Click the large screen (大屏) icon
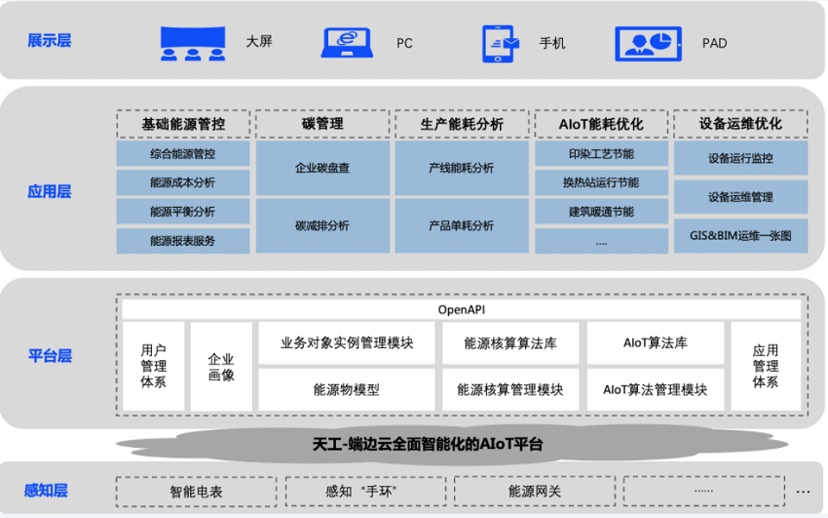click(x=193, y=43)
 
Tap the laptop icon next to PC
click(x=347, y=42)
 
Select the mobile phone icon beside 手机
click(x=500, y=44)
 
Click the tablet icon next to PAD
click(x=648, y=44)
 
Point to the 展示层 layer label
click(x=49, y=41)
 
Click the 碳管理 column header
click(x=322, y=124)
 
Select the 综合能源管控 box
click(x=183, y=154)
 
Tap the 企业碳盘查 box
click(x=322, y=168)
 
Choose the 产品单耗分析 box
click(x=462, y=225)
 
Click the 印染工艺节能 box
click(x=601, y=154)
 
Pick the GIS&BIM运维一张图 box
click(x=740, y=236)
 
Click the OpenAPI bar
click(x=462, y=310)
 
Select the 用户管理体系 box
click(x=153, y=366)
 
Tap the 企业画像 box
click(x=221, y=366)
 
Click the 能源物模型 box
click(x=347, y=389)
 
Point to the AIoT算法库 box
click(x=656, y=343)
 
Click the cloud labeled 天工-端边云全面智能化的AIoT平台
click(x=428, y=444)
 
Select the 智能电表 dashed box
click(x=197, y=492)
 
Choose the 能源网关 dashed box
click(x=535, y=492)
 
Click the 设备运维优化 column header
click(x=740, y=124)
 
